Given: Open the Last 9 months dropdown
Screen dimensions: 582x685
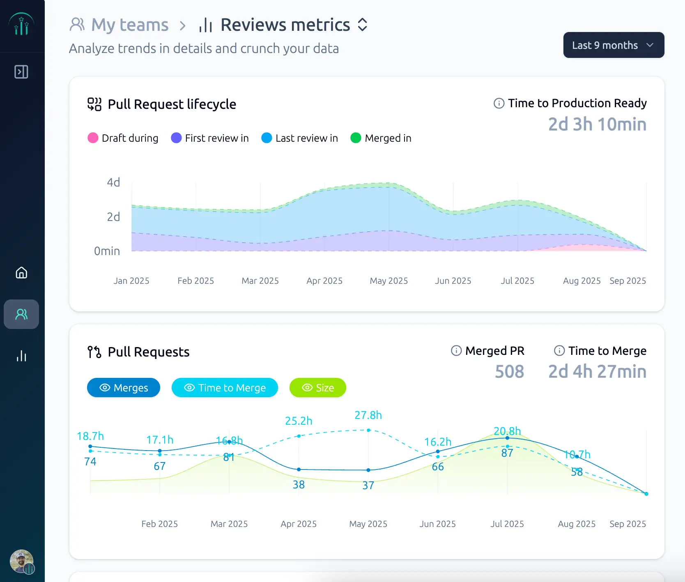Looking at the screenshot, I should (x=613, y=45).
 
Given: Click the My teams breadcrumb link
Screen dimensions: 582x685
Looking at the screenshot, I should (x=129, y=25).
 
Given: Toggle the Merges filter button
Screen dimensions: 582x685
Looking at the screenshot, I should (x=124, y=388).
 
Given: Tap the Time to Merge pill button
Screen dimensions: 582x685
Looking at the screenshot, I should (x=225, y=388).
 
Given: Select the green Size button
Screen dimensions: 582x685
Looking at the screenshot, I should (x=317, y=388).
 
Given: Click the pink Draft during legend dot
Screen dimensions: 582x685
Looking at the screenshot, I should (x=93, y=138).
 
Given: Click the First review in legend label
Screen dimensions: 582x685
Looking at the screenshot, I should (x=216, y=138).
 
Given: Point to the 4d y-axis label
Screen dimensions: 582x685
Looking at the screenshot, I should (x=113, y=182).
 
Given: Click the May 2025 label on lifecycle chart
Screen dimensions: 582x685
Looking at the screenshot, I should (x=388, y=281).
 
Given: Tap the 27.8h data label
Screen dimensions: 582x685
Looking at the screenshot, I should (x=368, y=415).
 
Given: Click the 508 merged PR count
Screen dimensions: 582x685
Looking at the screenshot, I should (x=509, y=372).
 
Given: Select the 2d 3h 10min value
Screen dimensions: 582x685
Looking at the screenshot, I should (x=597, y=124).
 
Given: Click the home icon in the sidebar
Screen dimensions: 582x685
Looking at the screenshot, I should (x=21, y=273).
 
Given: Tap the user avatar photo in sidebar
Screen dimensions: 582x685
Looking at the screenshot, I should (x=21, y=561).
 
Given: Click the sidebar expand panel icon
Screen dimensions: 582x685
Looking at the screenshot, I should (x=21, y=72).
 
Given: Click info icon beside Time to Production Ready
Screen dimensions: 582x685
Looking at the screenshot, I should (x=499, y=103).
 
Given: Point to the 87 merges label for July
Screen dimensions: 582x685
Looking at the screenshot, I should (x=507, y=453).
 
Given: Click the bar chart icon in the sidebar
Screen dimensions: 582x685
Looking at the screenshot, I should (x=21, y=356).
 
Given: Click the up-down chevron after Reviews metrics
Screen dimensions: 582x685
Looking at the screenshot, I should (x=362, y=25).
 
